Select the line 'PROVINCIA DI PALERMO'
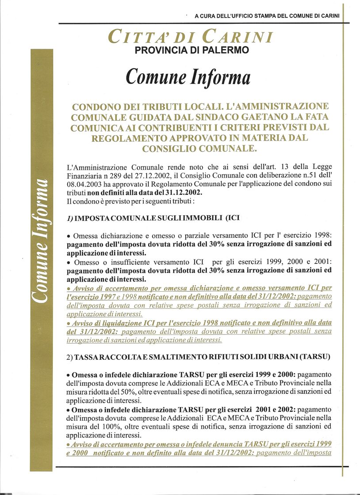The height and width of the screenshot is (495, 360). pyautogui.click(x=191, y=50)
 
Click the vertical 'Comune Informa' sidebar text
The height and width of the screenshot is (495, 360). pyautogui.click(x=42, y=240)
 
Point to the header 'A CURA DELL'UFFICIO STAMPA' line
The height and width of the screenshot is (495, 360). pyautogui.click(x=267, y=16)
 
